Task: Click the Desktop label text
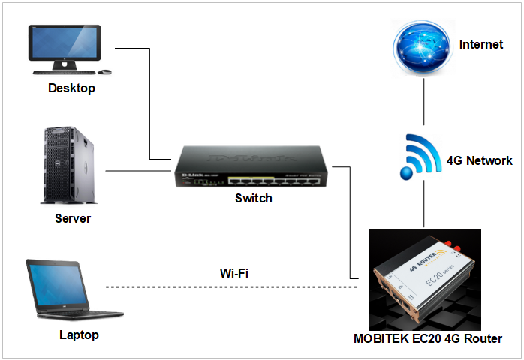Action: pyautogui.click(x=71, y=88)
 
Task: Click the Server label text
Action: pyautogui.click(x=73, y=219)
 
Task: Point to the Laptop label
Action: pyautogui.click(x=79, y=334)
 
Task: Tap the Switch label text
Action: pyautogui.click(x=254, y=199)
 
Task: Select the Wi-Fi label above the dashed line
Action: pyautogui.click(x=233, y=273)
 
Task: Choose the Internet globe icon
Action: pyautogui.click(x=424, y=46)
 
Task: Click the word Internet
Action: pyautogui.click(x=481, y=45)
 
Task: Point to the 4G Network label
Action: pyautogui.click(x=479, y=160)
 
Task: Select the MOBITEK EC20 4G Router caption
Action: pyautogui.click(x=427, y=338)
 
